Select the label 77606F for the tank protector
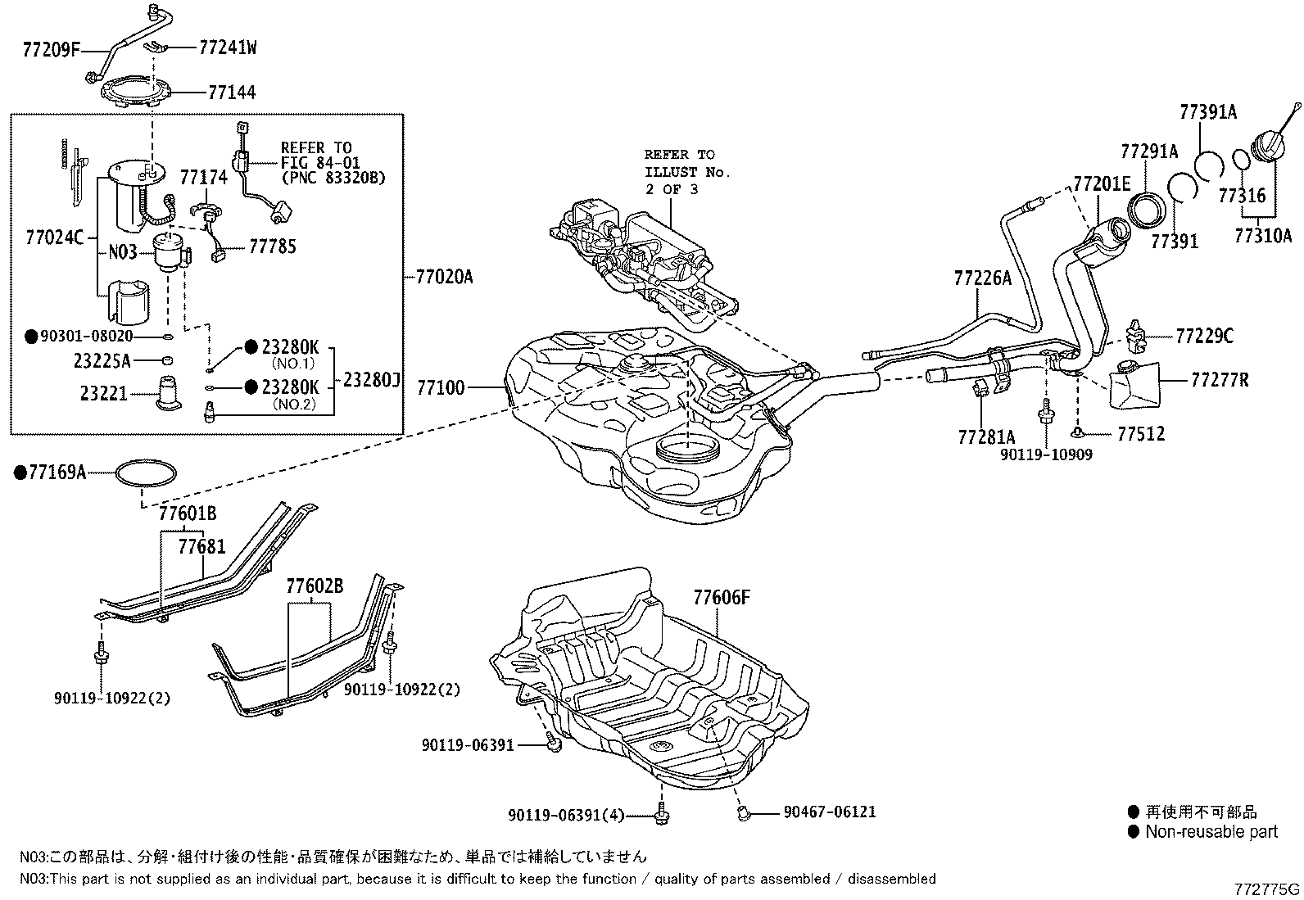(x=721, y=598)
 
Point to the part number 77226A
(x=982, y=278)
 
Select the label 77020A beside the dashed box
(x=445, y=278)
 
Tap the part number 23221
(x=104, y=394)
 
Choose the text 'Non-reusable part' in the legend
(x=1211, y=832)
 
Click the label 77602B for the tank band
(x=315, y=586)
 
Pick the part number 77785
(x=273, y=246)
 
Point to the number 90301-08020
(x=88, y=336)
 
